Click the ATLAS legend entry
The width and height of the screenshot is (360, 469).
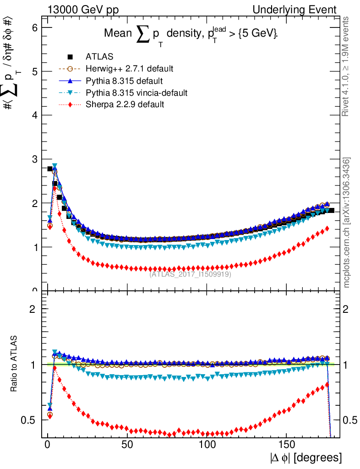click(x=99, y=57)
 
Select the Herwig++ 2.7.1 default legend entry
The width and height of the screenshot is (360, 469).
click(x=129, y=69)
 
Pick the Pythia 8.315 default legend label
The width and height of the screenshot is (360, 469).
click(x=124, y=81)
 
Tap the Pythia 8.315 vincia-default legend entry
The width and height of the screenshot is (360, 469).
click(x=136, y=93)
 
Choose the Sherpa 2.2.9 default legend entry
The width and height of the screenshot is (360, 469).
click(x=125, y=104)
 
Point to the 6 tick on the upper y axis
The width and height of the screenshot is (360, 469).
click(x=34, y=27)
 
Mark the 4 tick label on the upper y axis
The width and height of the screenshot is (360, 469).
click(x=34, y=115)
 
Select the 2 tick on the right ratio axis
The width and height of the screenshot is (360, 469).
click(x=346, y=309)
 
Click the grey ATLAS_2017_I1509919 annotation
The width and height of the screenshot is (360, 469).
click(x=190, y=274)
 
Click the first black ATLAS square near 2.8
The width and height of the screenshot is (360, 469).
click(x=50, y=169)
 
